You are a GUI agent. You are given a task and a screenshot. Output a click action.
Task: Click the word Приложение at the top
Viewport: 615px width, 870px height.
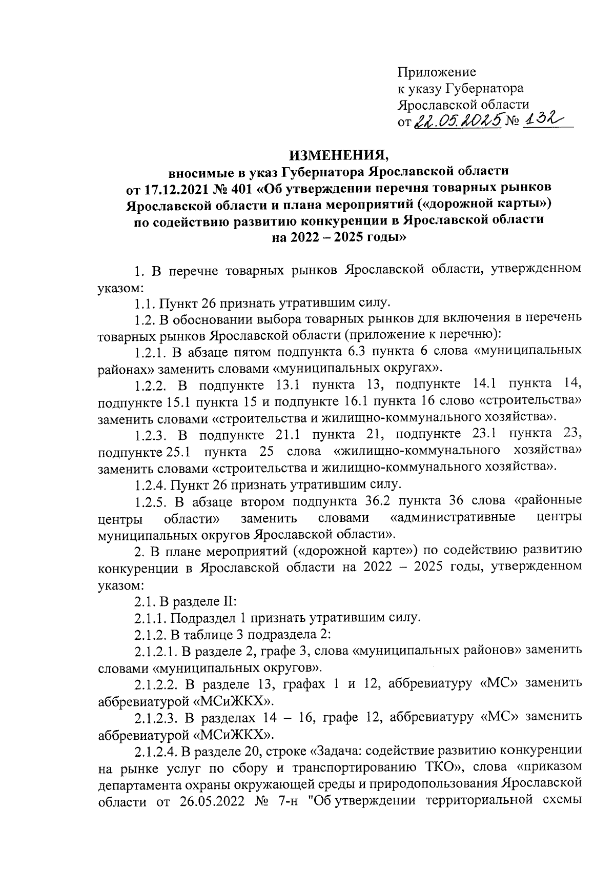pyautogui.click(x=437, y=72)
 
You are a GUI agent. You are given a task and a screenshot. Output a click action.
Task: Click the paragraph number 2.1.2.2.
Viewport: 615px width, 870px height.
pyautogui.click(x=156, y=683)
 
